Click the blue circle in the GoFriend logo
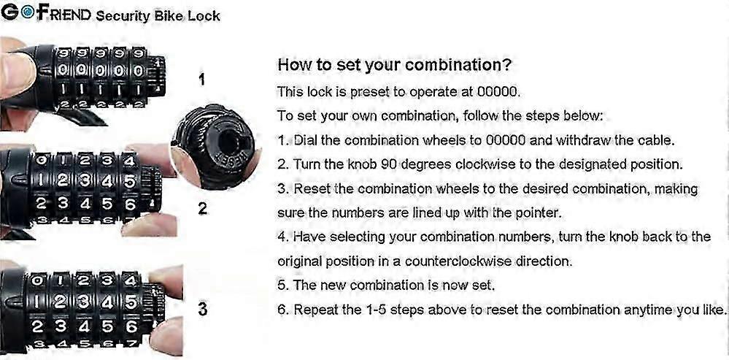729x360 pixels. [28, 13]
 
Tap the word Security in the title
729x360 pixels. [123, 16]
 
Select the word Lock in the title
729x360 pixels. [204, 15]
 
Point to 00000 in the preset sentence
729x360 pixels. [497, 91]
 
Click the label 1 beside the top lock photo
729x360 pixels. [201, 80]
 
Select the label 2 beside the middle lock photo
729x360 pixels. [202, 209]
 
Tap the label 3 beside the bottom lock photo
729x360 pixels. [202, 310]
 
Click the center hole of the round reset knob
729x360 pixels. [228, 139]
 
